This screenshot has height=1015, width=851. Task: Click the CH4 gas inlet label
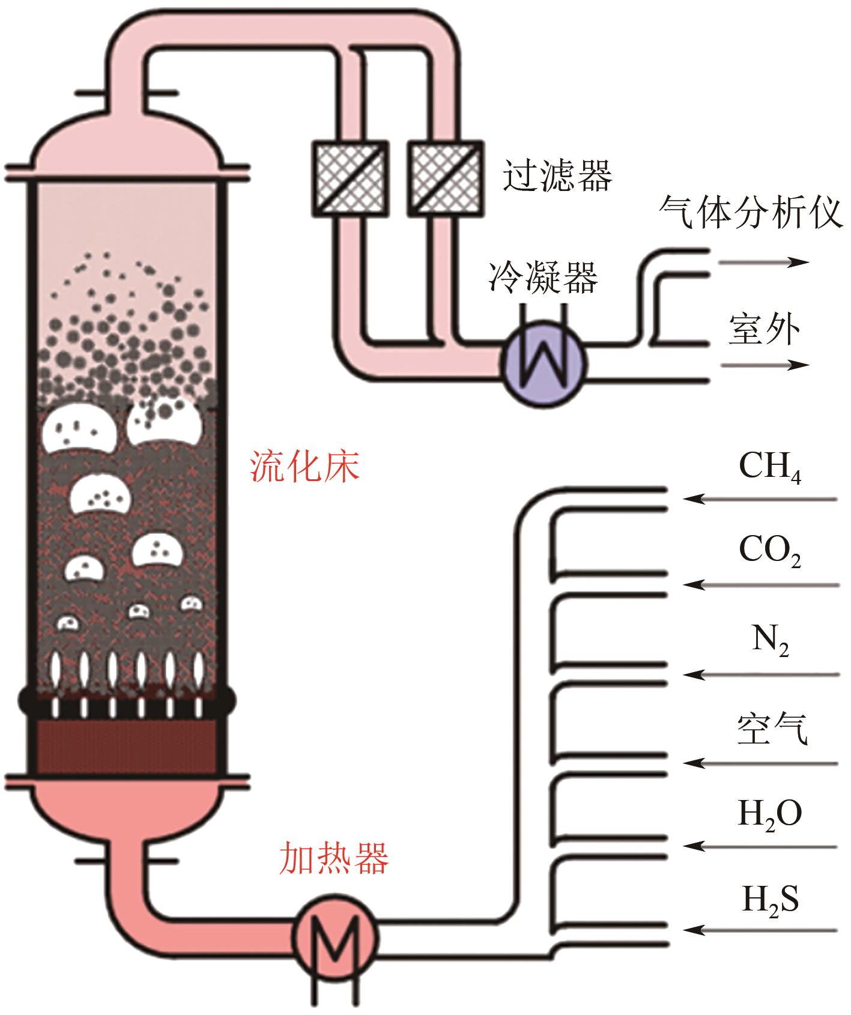click(x=769, y=467)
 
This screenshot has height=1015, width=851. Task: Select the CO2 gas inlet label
click(x=769, y=551)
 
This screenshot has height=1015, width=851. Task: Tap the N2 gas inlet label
click(x=770, y=641)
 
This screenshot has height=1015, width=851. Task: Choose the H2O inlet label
click(x=769, y=814)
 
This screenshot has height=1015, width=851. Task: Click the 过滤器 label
click(x=557, y=175)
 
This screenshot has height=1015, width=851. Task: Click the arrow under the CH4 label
click(x=760, y=498)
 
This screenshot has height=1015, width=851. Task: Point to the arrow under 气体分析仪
click(x=764, y=262)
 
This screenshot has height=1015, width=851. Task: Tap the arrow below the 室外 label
click(x=765, y=365)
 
